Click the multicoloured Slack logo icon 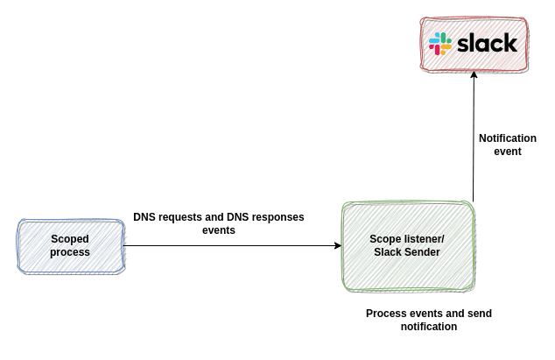coord(439,44)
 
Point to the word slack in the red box coord(487,44)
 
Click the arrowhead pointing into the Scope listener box coord(337,246)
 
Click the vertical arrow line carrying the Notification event coord(474,140)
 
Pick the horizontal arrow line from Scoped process coord(228,246)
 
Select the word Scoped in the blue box coord(70,238)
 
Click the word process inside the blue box coord(70,252)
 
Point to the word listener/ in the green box coord(425,239)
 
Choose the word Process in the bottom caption coord(385,314)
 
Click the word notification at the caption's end coord(429,327)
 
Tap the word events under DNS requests coord(219,231)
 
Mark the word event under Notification coord(508,152)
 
